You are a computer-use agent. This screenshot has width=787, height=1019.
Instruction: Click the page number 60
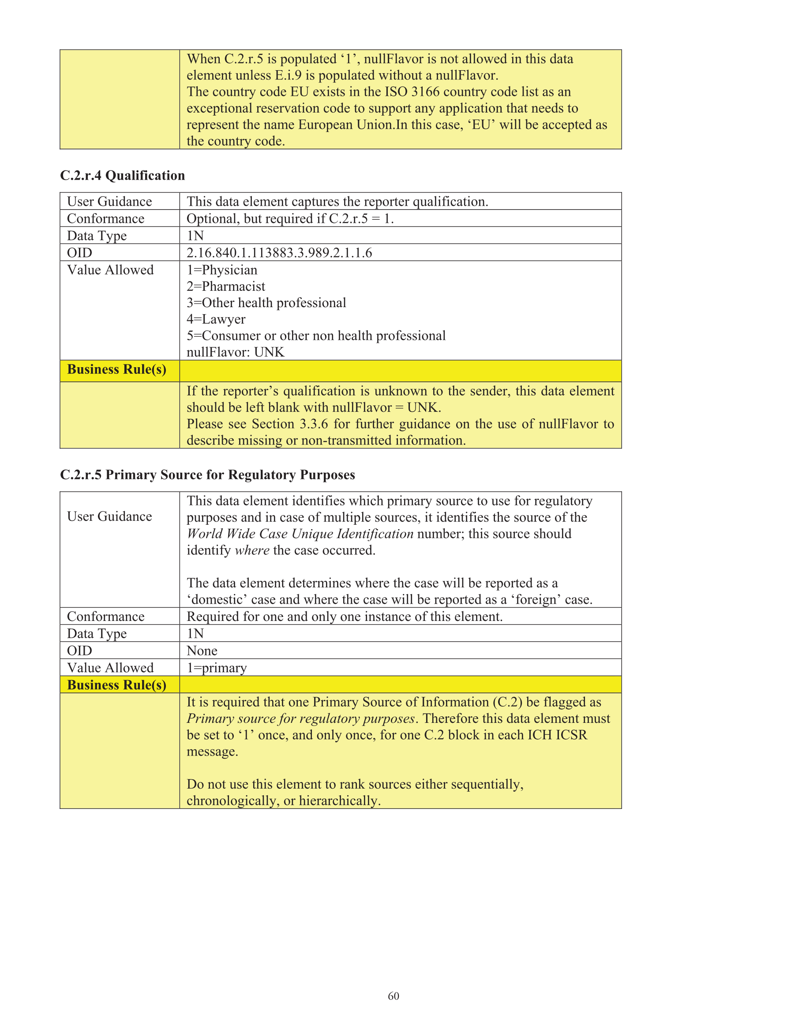coord(393,996)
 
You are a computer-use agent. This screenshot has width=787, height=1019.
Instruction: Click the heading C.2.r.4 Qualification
coord(122,176)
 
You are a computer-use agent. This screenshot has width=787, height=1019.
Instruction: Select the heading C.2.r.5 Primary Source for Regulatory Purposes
coord(207,474)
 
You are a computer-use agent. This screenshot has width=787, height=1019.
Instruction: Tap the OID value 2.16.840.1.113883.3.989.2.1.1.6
coord(279,253)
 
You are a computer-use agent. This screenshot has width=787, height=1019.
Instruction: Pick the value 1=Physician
coord(221,270)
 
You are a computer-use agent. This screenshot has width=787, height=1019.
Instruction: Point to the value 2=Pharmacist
coord(226,286)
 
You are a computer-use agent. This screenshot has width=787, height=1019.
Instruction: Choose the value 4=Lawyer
coord(216,319)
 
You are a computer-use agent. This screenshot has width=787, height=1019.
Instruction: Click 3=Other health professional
coord(266,303)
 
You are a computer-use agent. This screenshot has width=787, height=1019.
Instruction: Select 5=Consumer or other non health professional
coord(316,336)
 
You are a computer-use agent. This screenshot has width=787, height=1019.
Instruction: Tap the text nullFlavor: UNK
coord(235,352)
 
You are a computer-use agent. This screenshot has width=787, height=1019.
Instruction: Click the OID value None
coord(202,651)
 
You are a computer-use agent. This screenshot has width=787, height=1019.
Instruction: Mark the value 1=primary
coord(217,668)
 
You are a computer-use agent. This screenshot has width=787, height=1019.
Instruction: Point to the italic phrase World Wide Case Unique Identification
coord(300,534)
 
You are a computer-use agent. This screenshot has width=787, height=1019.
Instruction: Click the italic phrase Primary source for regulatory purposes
coord(300,718)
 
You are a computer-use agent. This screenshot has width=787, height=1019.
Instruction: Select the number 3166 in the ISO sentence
coord(425,92)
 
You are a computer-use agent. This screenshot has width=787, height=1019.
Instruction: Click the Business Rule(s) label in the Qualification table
coord(116,369)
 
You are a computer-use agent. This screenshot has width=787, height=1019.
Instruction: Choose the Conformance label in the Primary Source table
coord(105,617)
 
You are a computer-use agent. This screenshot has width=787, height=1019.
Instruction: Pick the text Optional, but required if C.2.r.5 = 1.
coord(290,219)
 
